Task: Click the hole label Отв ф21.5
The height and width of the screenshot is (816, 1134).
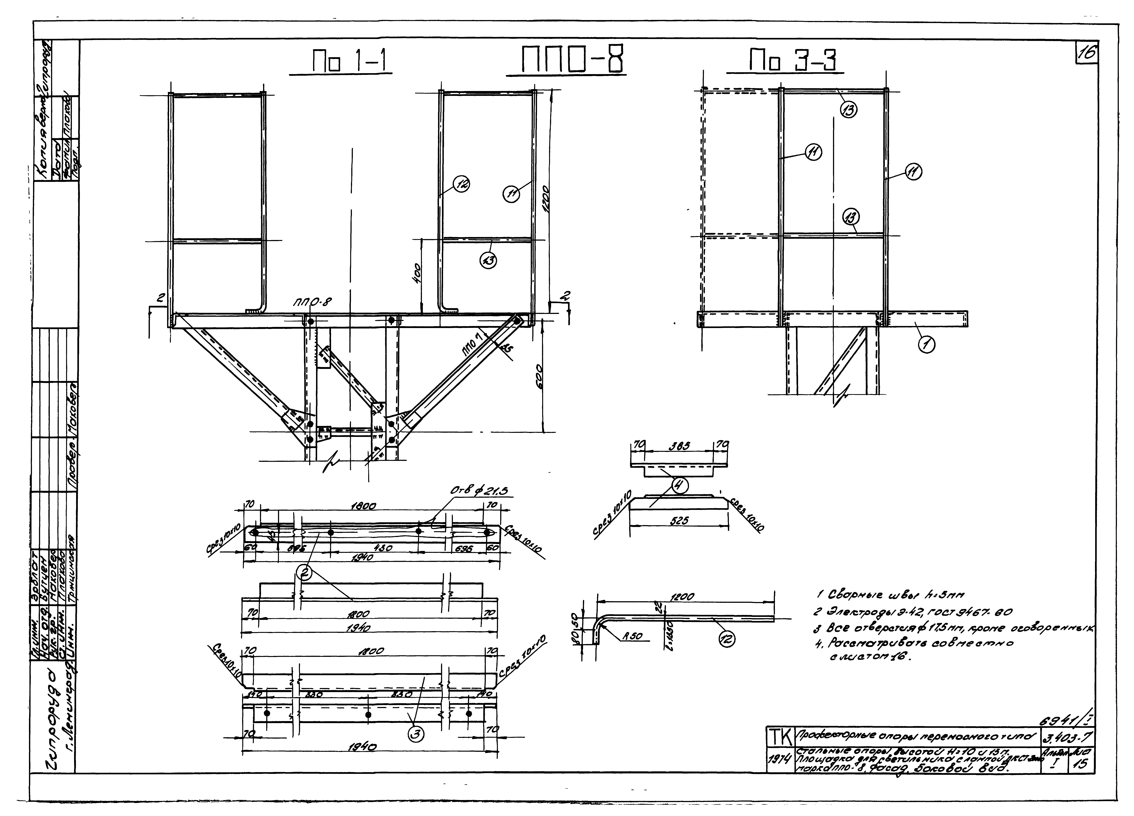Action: point(478,492)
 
